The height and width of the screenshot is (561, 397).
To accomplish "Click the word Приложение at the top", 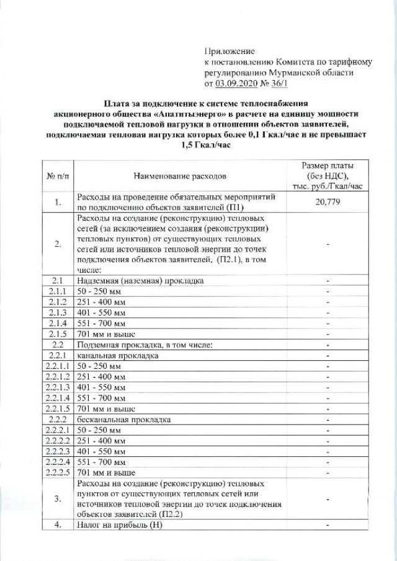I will point(230,51).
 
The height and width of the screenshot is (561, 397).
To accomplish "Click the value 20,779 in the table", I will point(326,202).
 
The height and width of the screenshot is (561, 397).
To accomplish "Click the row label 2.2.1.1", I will point(58,367).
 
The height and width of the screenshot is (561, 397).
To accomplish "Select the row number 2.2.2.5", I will point(58,473).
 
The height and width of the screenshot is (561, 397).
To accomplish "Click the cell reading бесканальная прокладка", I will point(123,419).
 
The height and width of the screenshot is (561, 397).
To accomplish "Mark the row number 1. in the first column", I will point(58,202).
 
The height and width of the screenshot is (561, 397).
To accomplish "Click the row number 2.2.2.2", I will point(58,441).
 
